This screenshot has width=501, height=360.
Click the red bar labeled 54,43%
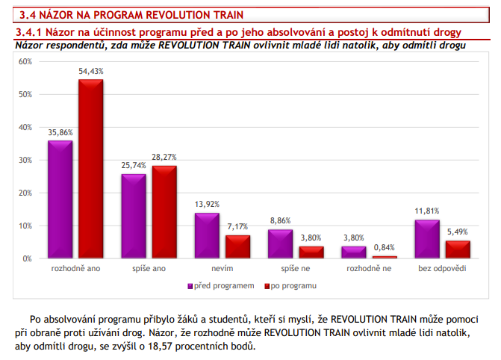[x=91, y=169]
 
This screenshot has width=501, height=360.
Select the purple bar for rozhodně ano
[x=60, y=199]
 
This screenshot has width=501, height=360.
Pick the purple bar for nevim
[x=207, y=235]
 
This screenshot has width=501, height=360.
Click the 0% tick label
[x=27, y=258]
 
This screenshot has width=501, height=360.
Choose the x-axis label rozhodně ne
[x=369, y=267]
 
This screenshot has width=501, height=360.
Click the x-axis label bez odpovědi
[x=441, y=267]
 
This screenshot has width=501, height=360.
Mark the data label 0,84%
[x=385, y=248]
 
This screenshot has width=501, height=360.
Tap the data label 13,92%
[x=206, y=205]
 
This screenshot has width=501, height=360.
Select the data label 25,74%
[x=134, y=166]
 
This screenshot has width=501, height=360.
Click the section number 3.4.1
[x=30, y=32]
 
